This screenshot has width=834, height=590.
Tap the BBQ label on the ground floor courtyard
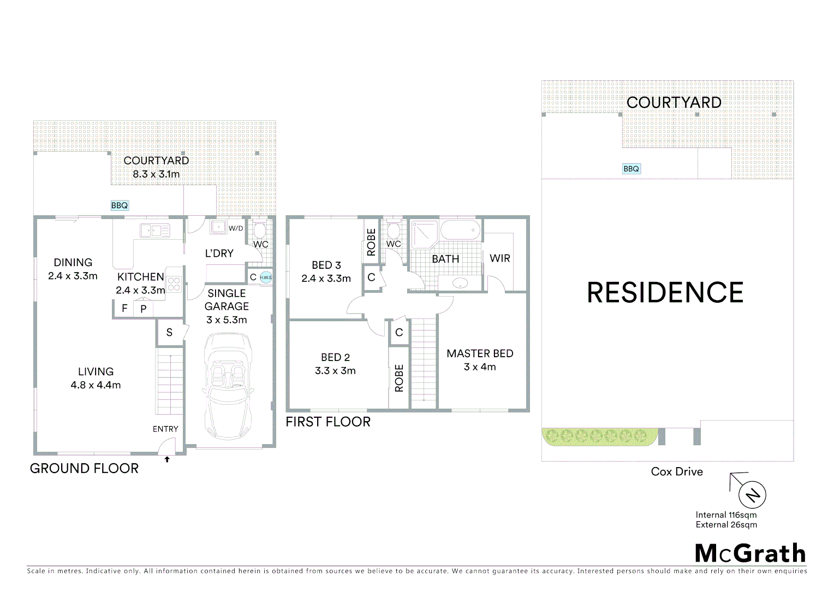coord(120,205)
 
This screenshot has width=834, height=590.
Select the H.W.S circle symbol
coord(266,278)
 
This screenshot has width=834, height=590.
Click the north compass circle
coord(752,495)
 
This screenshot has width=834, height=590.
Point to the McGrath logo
coord(750,553)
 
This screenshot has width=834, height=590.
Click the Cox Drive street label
coord(677,471)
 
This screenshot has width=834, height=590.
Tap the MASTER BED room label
coord(480,354)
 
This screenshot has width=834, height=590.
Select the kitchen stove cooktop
coord(174,284)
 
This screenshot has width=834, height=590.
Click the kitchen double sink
coord(155,231)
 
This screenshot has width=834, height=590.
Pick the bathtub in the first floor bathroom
coord(460,230)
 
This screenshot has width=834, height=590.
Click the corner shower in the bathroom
coord(424,233)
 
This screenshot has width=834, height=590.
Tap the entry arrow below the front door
coord(167,459)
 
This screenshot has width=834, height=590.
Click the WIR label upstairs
coord(499,258)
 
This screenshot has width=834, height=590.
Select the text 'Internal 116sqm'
coord(726,515)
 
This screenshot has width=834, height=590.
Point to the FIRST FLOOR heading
coord(328,422)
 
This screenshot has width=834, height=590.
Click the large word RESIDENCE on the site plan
coord(665,293)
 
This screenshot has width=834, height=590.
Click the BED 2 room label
coord(335,357)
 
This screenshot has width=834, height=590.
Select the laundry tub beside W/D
coord(218,227)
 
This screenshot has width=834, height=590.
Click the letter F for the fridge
coord(124,308)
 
